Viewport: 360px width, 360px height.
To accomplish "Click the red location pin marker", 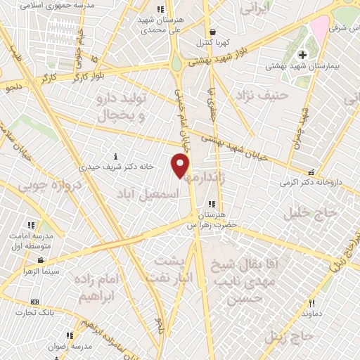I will (181, 166).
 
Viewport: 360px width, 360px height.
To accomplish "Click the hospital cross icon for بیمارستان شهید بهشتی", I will (303, 55).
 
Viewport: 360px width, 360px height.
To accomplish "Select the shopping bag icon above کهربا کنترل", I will (212, 32).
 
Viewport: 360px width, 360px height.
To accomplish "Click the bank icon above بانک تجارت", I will (34, 302).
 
